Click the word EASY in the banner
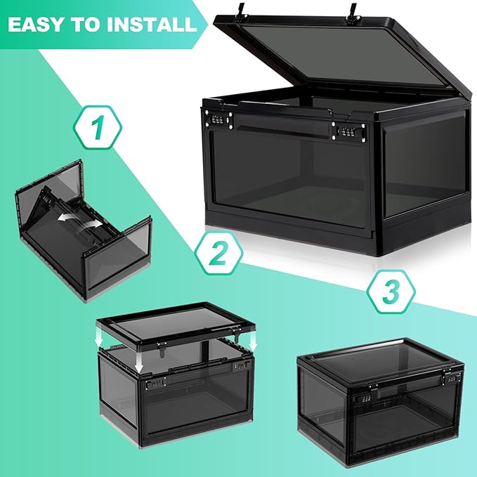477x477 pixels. (35, 25)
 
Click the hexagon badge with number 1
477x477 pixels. (98, 127)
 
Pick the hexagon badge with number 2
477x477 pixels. (219, 253)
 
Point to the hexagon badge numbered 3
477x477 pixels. (391, 292)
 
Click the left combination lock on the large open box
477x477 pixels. (218, 119)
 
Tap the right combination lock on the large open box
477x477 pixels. (348, 131)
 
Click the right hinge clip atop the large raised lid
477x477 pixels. (353, 13)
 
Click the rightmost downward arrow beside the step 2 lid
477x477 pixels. (253, 341)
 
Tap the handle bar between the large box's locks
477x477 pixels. (282, 125)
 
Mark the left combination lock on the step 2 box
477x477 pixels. (155, 383)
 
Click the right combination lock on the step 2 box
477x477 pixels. (242, 366)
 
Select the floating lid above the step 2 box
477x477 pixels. (176, 325)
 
